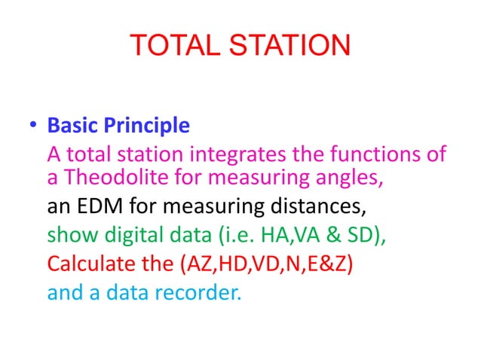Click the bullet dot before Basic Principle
point(33,126)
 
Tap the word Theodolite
point(107,178)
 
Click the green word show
point(66,235)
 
